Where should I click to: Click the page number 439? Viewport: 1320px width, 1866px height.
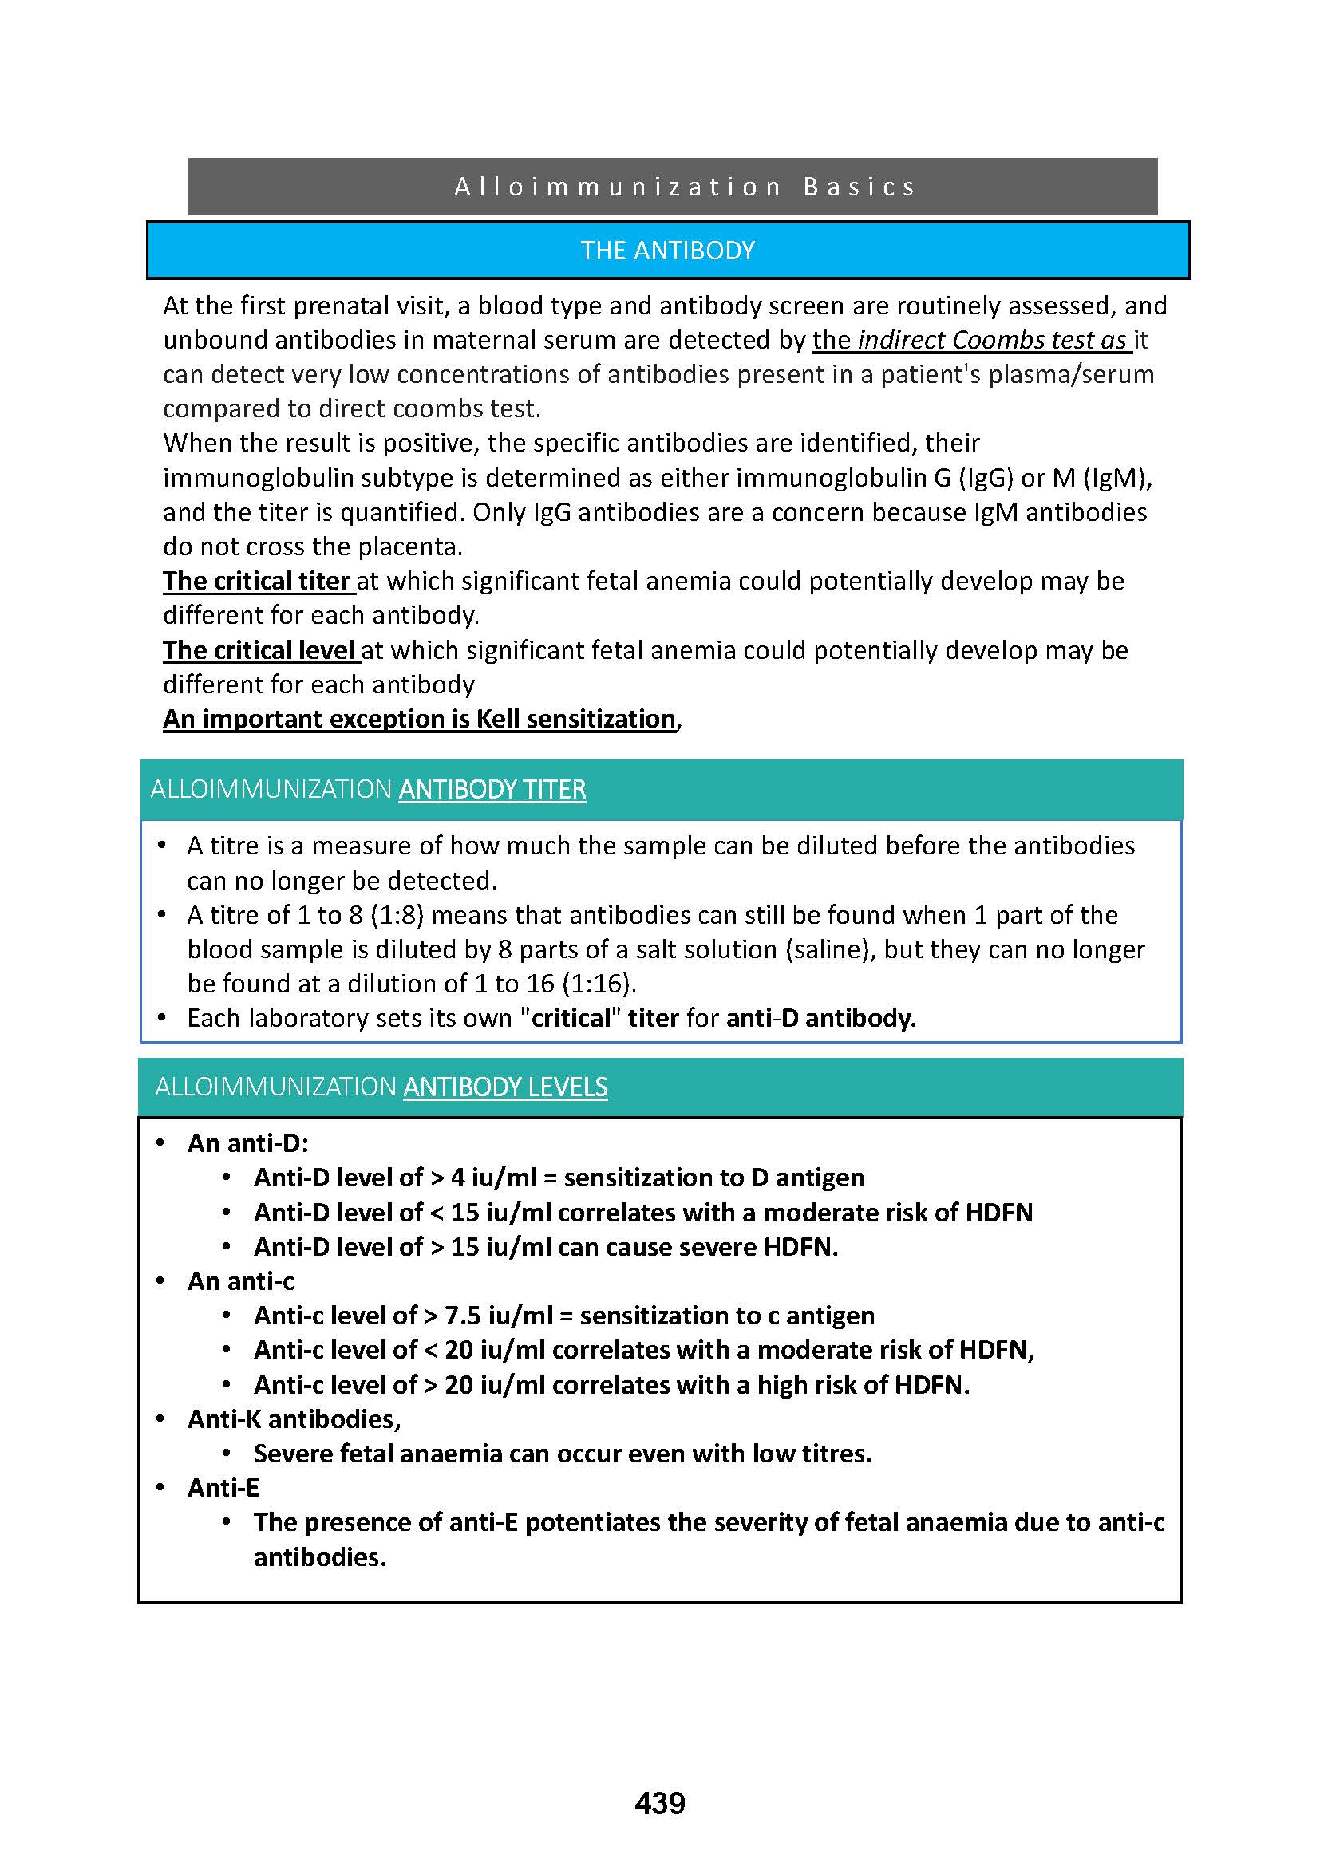659,1804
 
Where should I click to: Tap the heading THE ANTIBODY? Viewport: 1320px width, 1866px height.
667,251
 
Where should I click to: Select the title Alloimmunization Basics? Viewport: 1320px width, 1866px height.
685,187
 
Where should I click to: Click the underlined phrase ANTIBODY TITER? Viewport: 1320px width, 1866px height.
492,789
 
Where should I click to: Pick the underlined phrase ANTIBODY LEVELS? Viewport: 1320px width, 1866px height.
504,1087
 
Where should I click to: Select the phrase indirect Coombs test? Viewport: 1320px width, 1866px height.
974,340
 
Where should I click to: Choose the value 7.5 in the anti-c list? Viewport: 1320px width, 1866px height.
463,1315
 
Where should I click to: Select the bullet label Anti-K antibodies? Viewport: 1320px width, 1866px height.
294,1418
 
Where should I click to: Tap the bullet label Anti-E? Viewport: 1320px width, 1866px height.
223,1487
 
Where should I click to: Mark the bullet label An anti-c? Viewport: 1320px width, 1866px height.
240,1281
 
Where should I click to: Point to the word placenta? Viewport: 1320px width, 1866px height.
409,547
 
